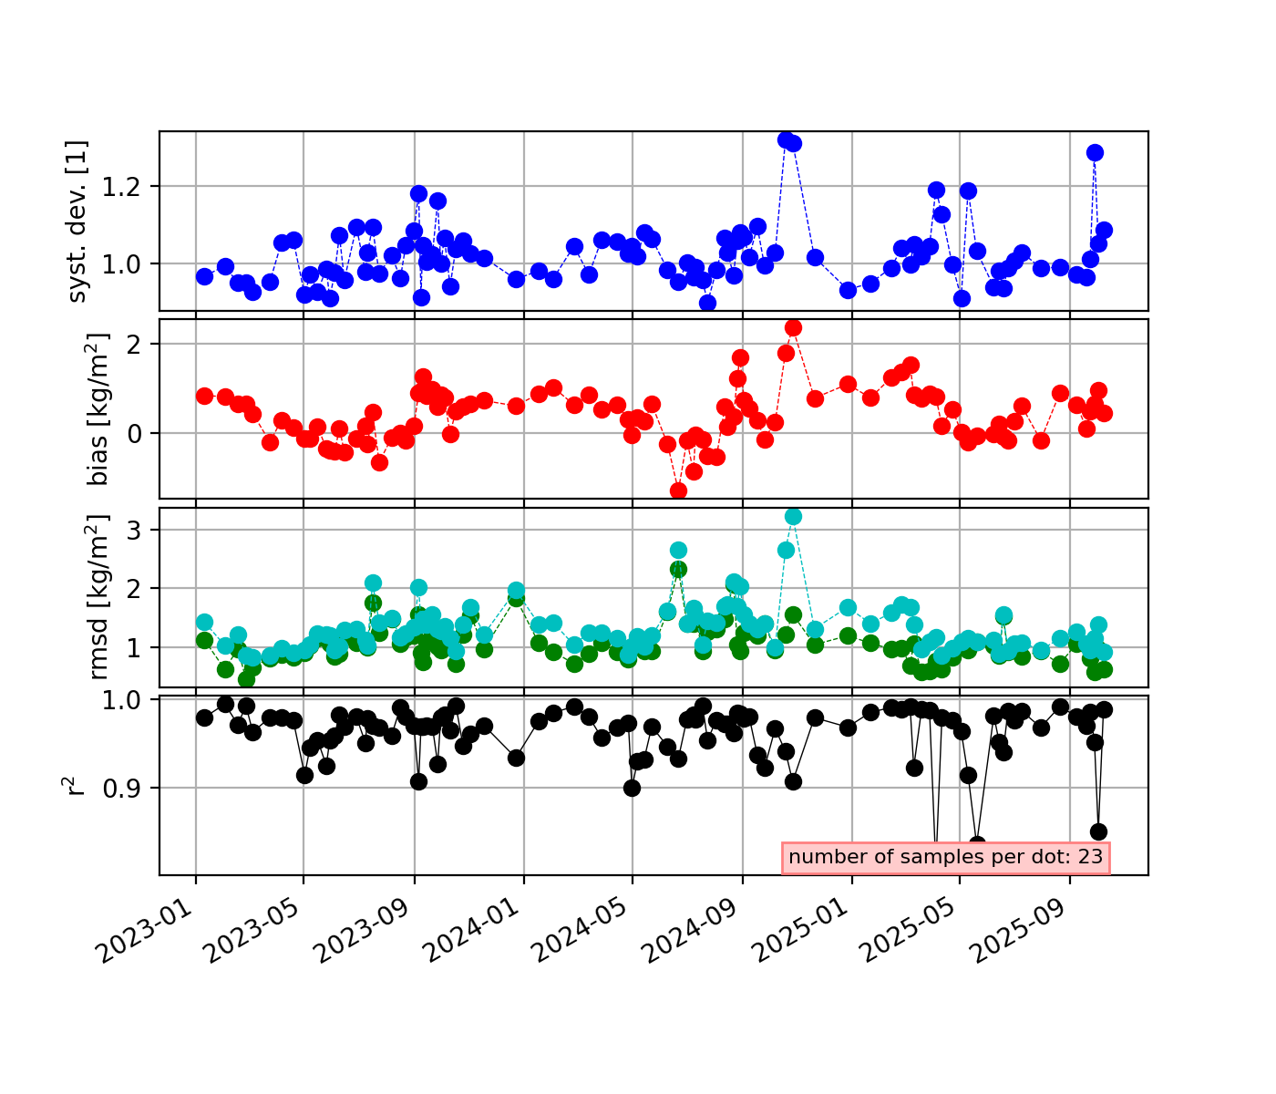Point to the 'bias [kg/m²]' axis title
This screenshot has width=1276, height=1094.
tap(98, 408)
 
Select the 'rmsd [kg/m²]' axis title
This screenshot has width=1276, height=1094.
tap(98, 597)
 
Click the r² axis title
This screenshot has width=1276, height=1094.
tap(77, 785)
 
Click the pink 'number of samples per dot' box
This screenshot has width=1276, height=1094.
tap(945, 857)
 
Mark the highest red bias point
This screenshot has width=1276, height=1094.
tap(793, 327)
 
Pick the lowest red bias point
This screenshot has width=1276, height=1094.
tap(678, 490)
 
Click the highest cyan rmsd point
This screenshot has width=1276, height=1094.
tap(793, 516)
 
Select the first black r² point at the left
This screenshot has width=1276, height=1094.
tap(204, 717)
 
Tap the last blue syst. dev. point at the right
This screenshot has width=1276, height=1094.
tap(1104, 230)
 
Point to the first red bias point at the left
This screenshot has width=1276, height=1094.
tap(204, 396)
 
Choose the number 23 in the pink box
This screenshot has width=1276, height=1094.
tap(1091, 857)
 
